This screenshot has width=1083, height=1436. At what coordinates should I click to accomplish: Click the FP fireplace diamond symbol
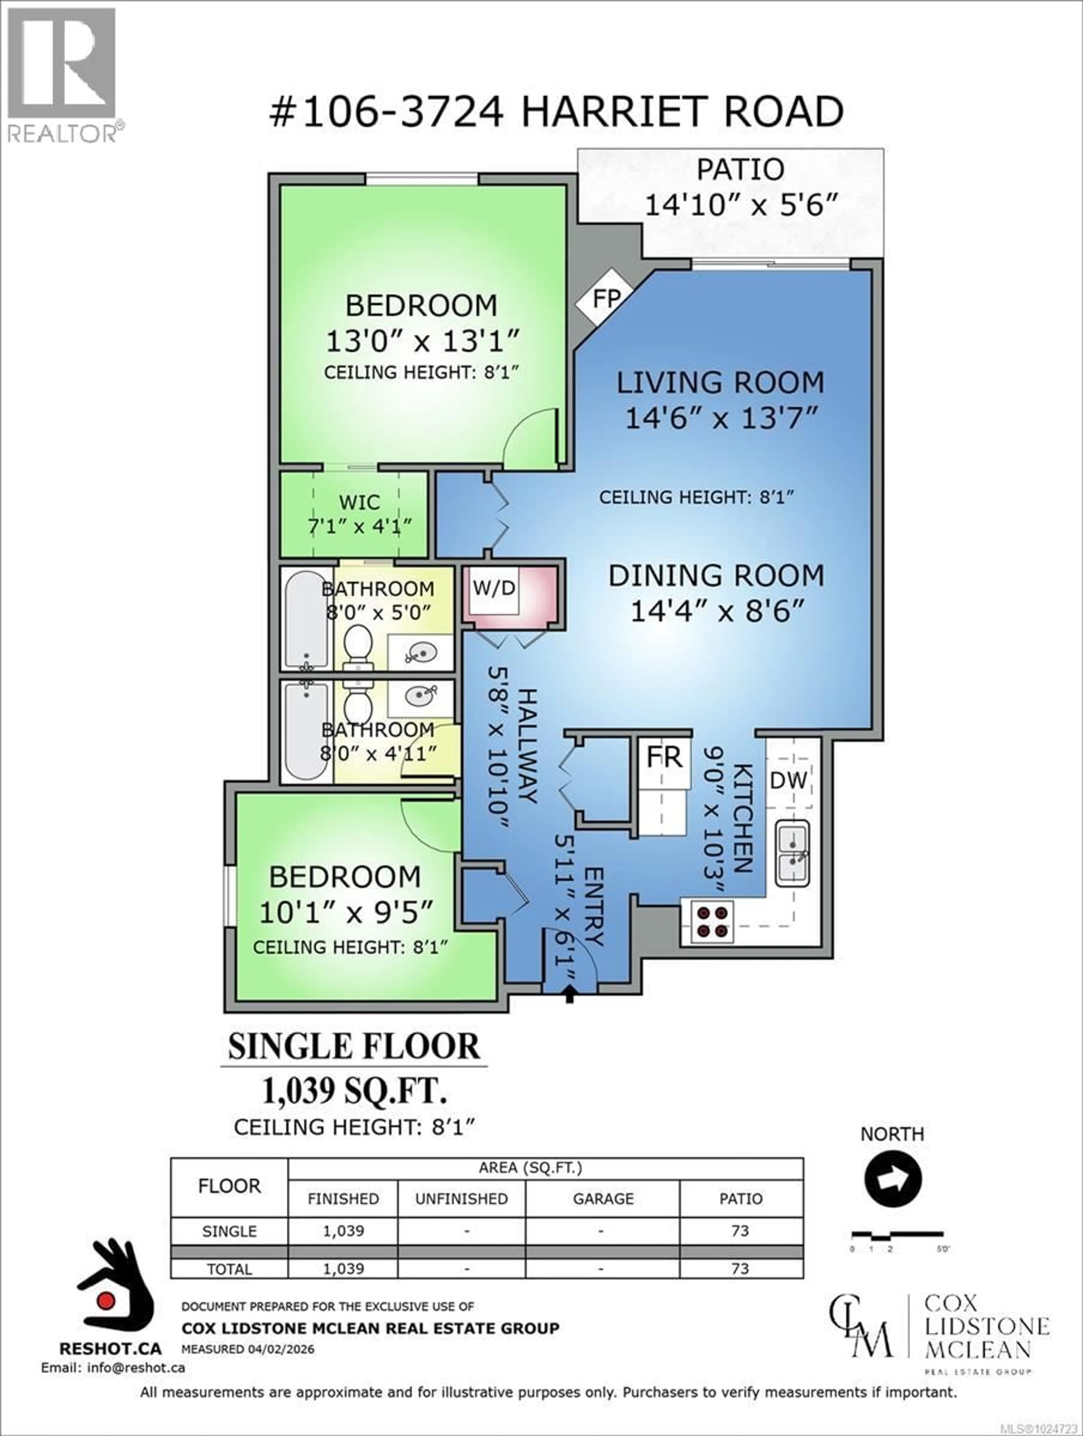coord(606,299)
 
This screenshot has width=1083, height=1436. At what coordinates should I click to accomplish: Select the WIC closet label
coord(359,502)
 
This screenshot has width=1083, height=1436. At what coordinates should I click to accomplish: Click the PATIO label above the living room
coord(740,169)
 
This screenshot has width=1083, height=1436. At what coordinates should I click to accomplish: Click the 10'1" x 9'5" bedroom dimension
coord(345,912)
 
